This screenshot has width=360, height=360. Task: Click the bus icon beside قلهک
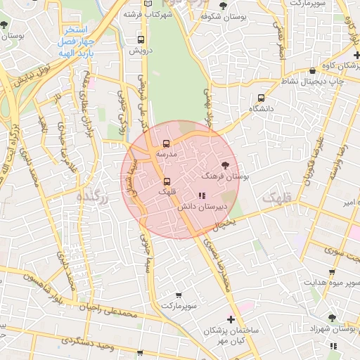coord(166,181)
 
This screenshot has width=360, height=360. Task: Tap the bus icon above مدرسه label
coord(166,144)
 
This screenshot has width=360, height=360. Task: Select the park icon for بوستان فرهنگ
coord(234,164)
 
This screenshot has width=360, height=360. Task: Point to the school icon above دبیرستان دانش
coord(202,195)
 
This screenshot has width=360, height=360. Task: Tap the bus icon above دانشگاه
coord(261,98)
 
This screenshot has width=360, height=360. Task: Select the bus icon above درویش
coord(141,40)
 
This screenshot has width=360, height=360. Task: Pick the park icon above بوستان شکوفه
coord(224,6)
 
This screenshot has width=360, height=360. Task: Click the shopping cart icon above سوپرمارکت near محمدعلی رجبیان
coord(179,295)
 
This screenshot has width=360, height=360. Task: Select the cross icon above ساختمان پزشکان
coord(230,319)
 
